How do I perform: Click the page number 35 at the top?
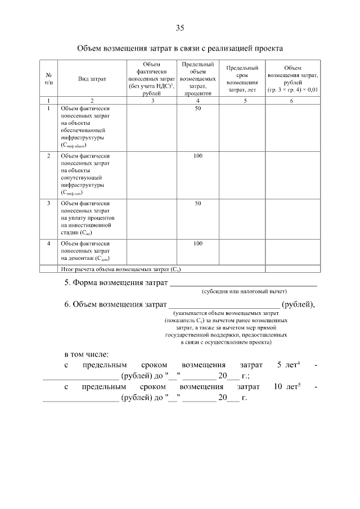click(x=180, y=28)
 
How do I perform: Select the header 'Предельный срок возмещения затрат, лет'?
click(x=242, y=78)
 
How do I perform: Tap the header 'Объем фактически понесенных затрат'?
click(x=151, y=79)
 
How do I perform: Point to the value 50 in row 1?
click(x=198, y=108)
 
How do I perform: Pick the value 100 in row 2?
click(x=198, y=155)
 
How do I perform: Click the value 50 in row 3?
click(x=198, y=203)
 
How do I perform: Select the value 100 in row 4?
click(x=198, y=244)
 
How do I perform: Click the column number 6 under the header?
click(x=291, y=100)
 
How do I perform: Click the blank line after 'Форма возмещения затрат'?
click(x=243, y=282)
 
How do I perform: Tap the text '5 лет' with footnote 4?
click(x=288, y=366)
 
